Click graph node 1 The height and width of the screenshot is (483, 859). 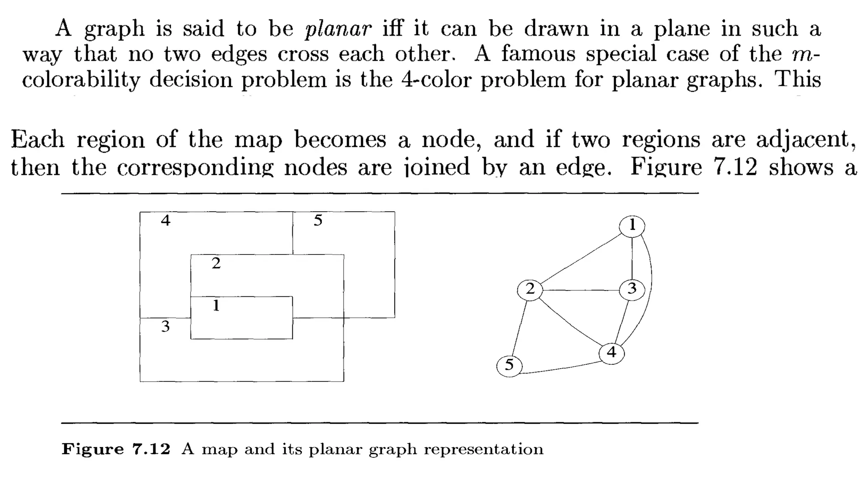tap(632, 226)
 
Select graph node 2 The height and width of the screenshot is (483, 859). tap(530, 289)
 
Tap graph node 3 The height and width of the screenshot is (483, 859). tap(632, 289)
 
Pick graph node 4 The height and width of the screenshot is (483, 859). tap(612, 353)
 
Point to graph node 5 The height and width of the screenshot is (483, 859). tap(509, 365)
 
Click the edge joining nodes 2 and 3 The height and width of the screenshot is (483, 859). tap(581, 290)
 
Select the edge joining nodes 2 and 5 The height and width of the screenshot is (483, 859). tap(520, 327)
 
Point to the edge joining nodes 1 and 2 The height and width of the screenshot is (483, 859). tap(581, 258)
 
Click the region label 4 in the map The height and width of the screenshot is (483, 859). tap(166, 221)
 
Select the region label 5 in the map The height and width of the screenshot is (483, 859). tap(318, 221)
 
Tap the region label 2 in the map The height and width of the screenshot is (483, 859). tap(216, 263)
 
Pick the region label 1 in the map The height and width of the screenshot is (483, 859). tap(216, 306)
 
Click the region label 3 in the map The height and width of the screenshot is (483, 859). tap(165, 327)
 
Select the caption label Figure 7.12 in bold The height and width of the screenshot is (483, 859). tap(116, 449)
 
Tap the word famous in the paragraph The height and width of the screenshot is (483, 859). tap(538, 54)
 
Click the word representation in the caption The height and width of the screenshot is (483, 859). tap(483, 449)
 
